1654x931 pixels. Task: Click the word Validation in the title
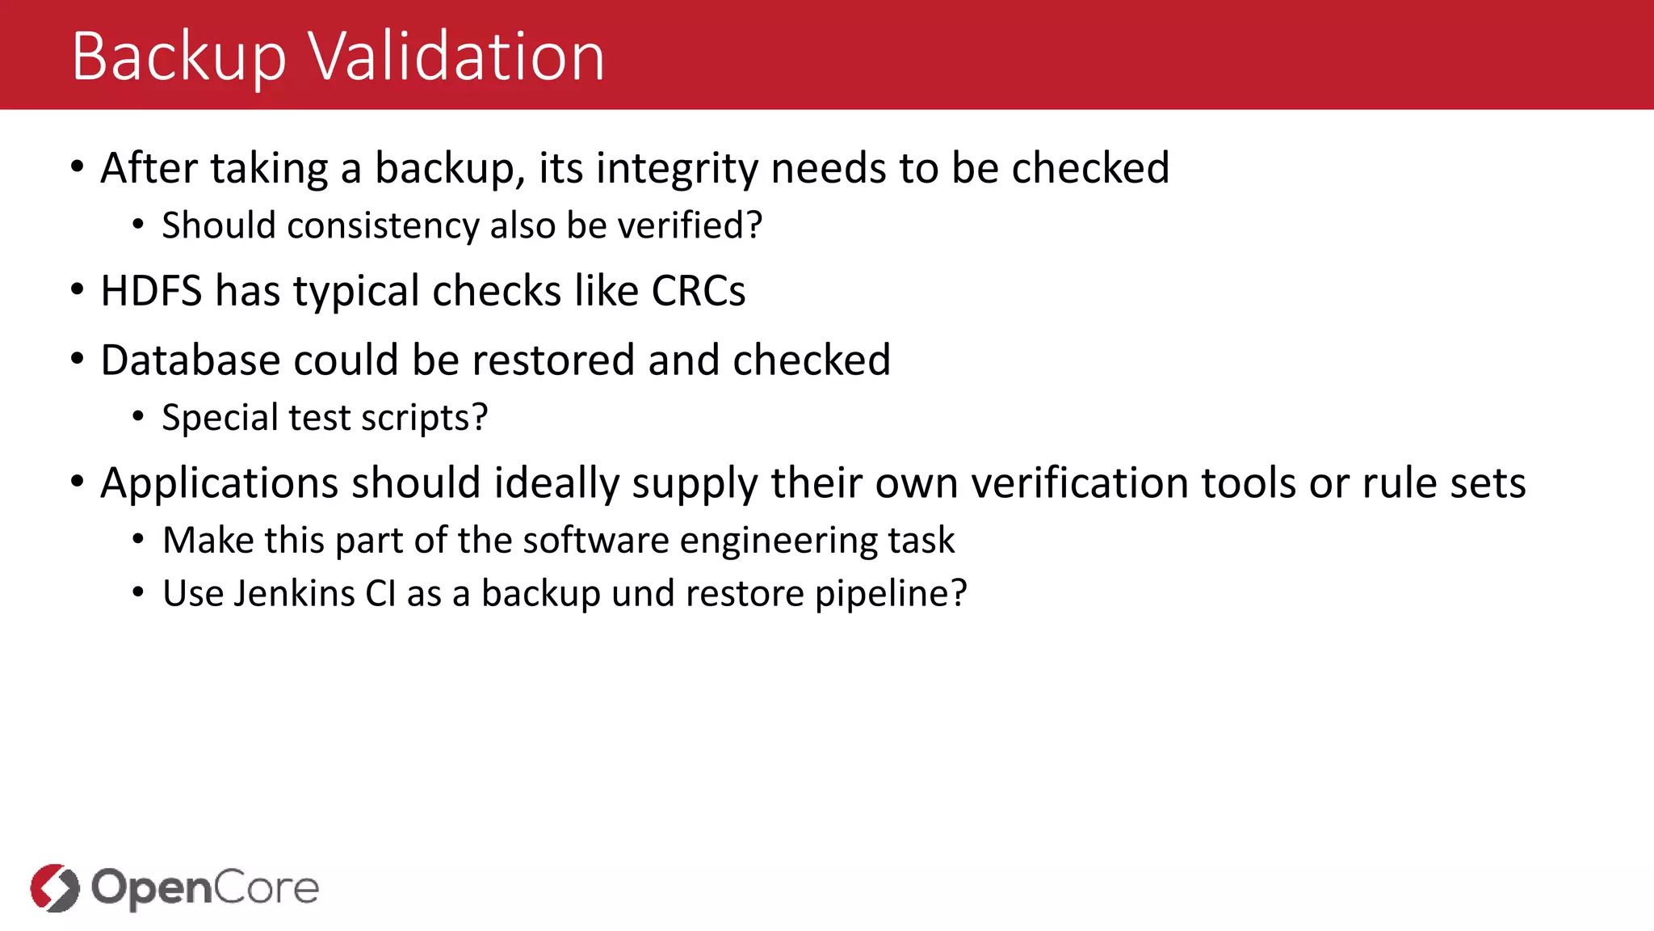pos(456,57)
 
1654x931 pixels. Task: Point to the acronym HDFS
pos(151,291)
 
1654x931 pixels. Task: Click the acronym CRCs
pos(698,291)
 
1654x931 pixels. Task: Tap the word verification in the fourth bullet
pos(1079,483)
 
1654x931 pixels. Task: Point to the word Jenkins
pos(294,594)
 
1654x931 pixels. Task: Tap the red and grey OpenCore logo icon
pos(55,887)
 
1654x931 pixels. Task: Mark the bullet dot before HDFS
pos(78,290)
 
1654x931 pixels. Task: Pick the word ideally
pos(556,483)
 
